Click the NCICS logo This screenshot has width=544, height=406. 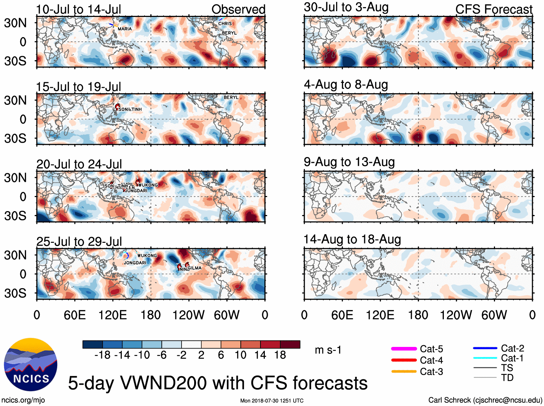pyautogui.click(x=31, y=365)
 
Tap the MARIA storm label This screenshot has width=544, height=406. pyautogui.click(x=125, y=29)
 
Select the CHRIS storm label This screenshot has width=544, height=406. pyautogui.click(x=225, y=23)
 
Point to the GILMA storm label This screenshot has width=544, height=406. pyautogui.click(x=195, y=268)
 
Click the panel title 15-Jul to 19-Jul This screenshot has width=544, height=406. pyautogui.click(x=79, y=87)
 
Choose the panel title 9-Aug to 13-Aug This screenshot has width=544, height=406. pyautogui.click(x=349, y=162)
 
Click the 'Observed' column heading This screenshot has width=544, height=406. pyautogui.click(x=238, y=9)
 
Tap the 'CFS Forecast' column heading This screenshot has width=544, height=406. pyautogui.click(x=494, y=9)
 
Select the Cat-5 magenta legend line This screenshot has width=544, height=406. pyautogui.click(x=404, y=349)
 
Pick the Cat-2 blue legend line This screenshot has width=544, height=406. pyautogui.click(x=485, y=348)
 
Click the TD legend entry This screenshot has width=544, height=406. pyautogui.click(x=507, y=378)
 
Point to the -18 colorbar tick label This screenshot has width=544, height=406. pyautogui.click(x=102, y=355)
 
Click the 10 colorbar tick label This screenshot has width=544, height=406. pyautogui.click(x=240, y=355)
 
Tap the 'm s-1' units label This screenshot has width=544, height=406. pyautogui.click(x=328, y=350)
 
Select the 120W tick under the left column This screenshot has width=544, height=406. pyautogui.click(x=188, y=315)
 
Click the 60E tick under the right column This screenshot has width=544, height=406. pyautogui.click(x=342, y=315)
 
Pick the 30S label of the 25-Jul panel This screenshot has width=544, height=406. pyautogui.click(x=15, y=293)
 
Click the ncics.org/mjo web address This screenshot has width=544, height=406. pyautogui.click(x=23, y=400)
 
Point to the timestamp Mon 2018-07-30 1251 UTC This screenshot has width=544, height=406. pyautogui.click(x=272, y=401)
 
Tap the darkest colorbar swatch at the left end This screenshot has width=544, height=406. pyautogui.click(x=93, y=344)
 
